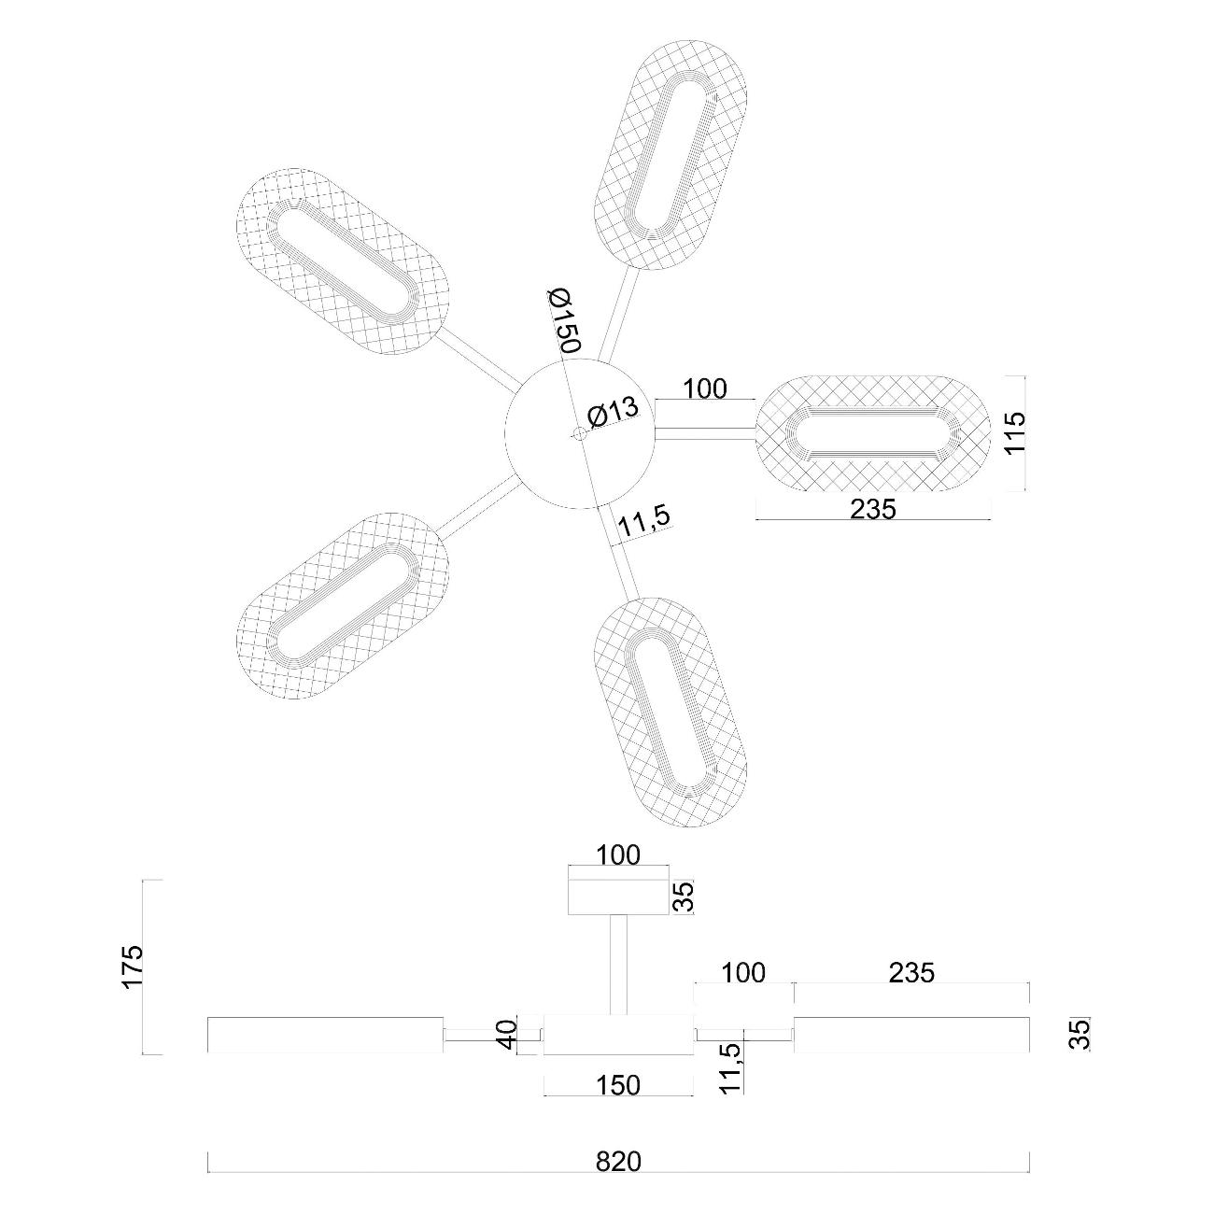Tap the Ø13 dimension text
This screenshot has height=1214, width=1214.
(614, 412)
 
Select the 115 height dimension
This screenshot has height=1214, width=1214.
(1015, 431)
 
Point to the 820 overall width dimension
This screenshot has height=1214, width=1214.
(618, 1162)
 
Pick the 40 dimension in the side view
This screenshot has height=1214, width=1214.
(506, 1035)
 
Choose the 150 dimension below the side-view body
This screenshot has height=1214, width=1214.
(618, 1085)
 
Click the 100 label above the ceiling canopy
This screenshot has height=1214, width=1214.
(618, 854)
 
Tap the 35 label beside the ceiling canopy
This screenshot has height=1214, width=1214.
(685, 897)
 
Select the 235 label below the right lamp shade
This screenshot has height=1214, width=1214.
(873, 509)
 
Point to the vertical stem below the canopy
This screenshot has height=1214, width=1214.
(618, 964)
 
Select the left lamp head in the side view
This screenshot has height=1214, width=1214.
(324, 1034)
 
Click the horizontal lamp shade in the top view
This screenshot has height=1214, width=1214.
(870, 434)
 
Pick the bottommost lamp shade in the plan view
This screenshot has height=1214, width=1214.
(671, 712)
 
